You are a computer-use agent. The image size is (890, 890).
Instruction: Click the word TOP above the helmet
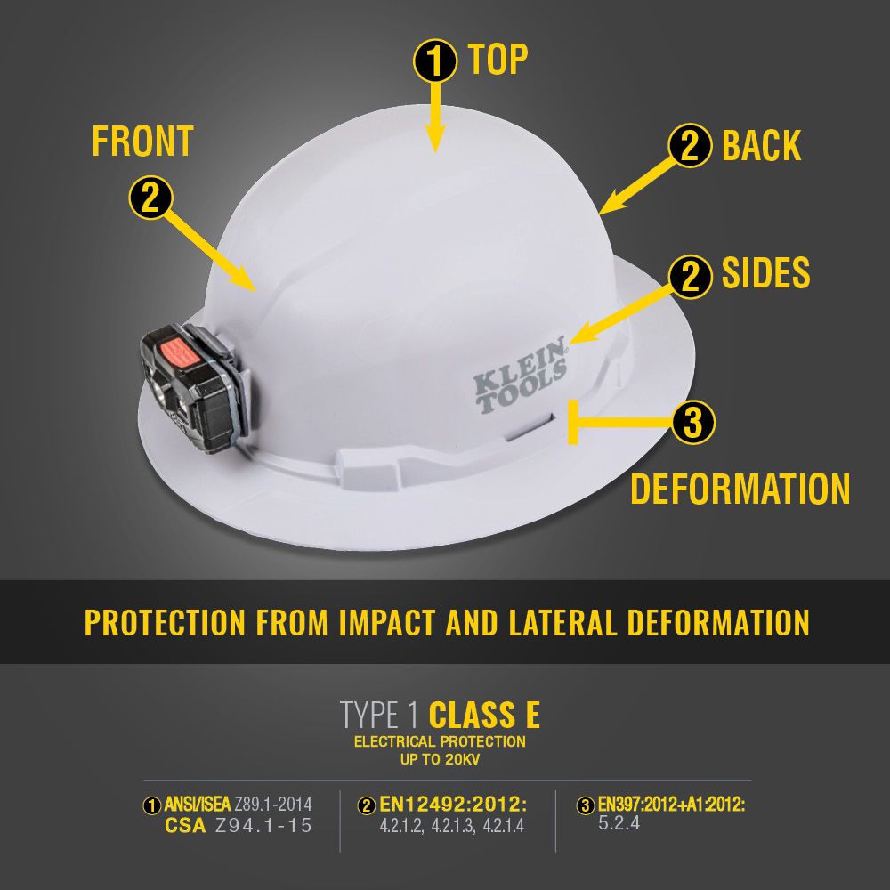[498, 60]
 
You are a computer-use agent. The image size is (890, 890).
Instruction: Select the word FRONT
[142, 142]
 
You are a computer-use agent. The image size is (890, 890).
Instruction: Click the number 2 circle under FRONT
[150, 198]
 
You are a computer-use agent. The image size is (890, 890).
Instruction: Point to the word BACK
[761, 146]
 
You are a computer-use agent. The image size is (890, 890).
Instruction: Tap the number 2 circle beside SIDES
[690, 276]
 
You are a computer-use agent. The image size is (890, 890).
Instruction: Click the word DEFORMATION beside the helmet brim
[740, 489]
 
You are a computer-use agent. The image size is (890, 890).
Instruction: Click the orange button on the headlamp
[178, 353]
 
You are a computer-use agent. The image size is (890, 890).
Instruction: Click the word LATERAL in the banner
[553, 622]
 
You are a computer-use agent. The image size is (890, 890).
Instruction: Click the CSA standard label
[187, 825]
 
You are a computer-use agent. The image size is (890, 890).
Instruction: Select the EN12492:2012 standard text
[453, 805]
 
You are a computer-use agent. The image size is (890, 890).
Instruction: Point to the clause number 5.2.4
[619, 823]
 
